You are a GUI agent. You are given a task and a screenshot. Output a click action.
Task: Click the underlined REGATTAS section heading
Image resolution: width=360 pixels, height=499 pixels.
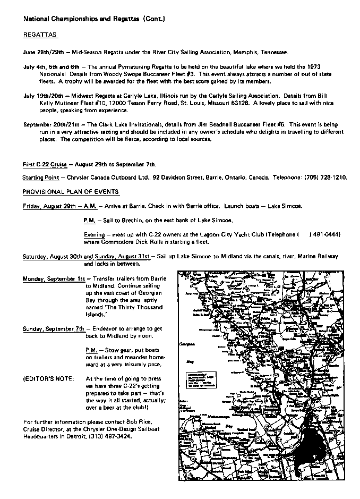[x=40, y=35]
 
